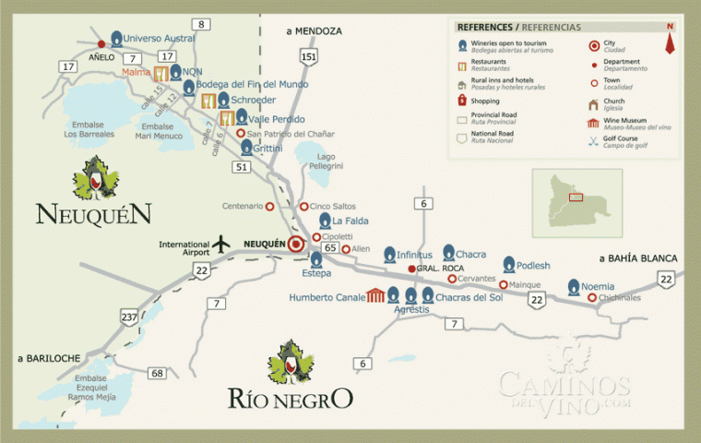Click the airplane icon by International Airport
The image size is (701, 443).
(x=220, y=244)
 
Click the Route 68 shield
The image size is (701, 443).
(x=158, y=373)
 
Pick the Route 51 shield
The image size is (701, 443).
(x=241, y=166)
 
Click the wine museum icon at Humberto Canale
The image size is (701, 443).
(x=375, y=296)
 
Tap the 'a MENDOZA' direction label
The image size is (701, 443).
(x=314, y=30)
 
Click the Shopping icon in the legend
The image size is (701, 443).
(x=462, y=100)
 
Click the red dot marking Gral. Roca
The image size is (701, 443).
(x=411, y=269)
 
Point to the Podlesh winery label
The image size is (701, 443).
(x=533, y=266)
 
